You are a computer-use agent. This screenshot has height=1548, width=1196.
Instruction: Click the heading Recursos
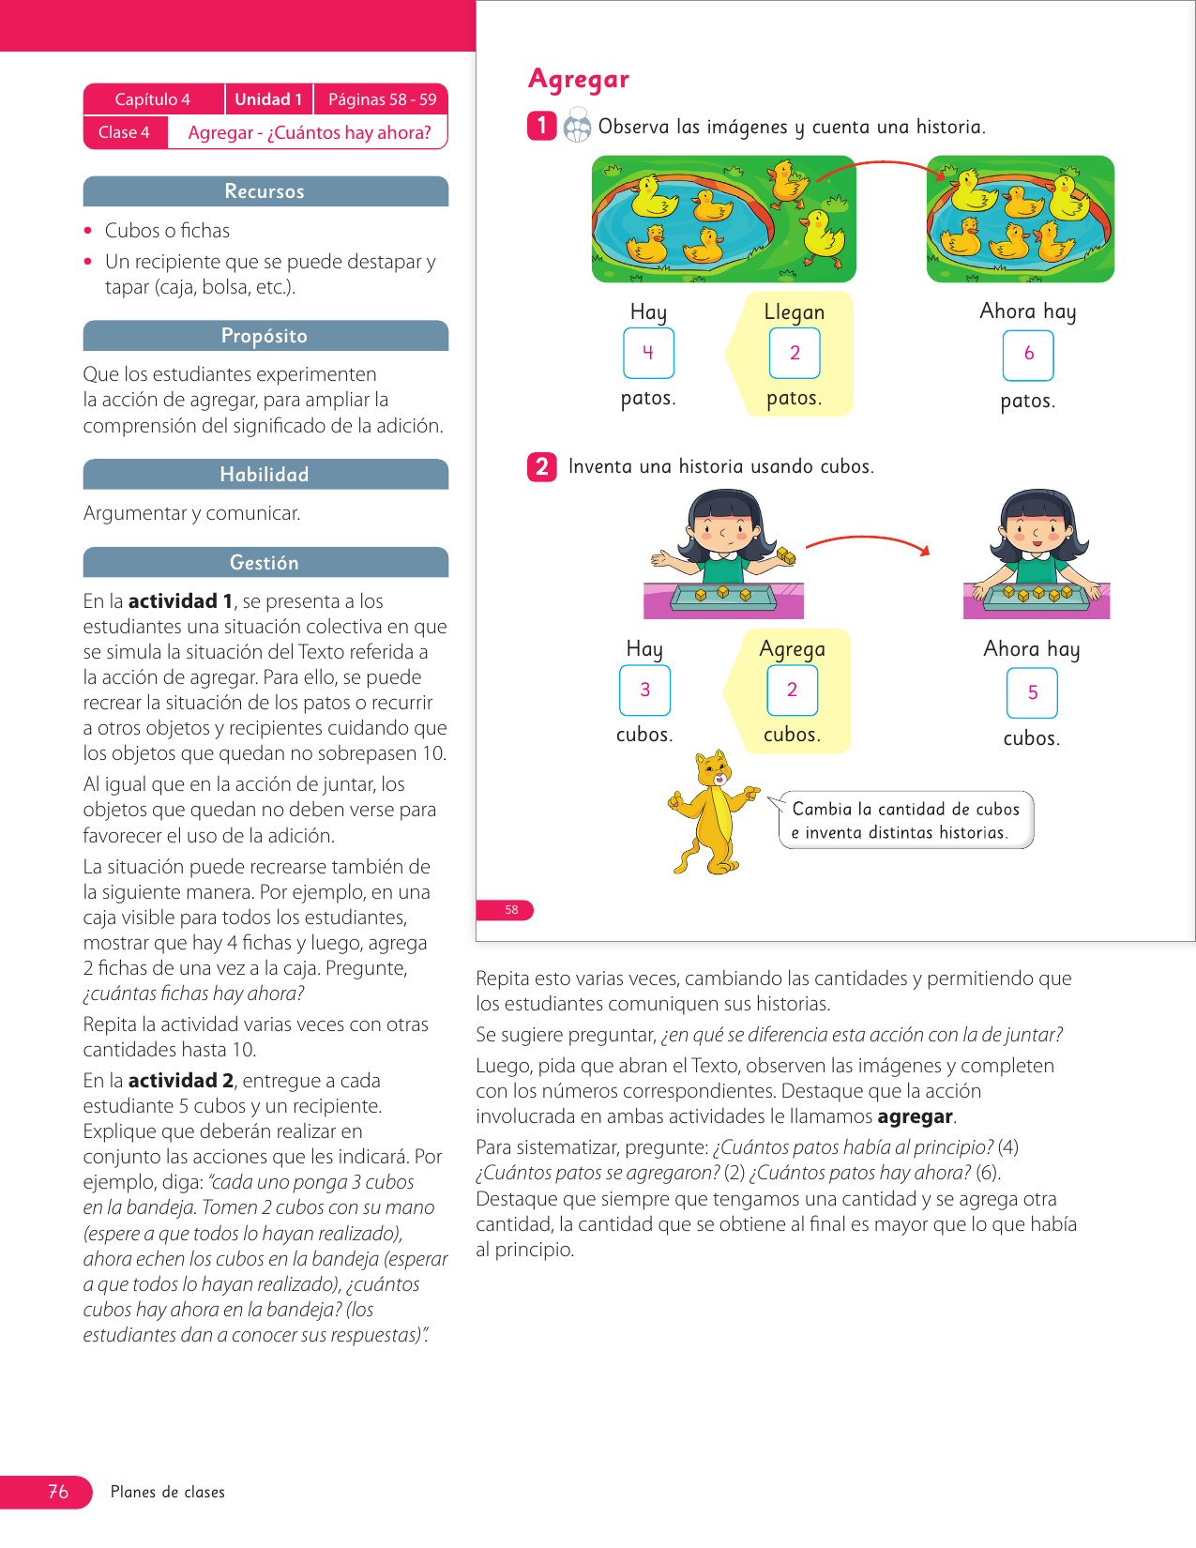point(265,191)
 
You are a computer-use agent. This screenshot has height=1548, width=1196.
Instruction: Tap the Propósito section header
point(265,336)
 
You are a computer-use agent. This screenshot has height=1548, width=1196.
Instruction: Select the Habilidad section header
point(265,475)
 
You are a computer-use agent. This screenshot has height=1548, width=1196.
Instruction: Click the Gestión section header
point(265,563)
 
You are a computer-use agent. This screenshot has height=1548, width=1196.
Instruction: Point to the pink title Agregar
point(579,80)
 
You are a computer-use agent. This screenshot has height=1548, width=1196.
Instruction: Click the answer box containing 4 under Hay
point(648,354)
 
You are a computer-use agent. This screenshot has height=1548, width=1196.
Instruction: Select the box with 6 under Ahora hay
point(1028,356)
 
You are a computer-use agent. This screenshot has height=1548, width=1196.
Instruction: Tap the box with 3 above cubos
point(644,691)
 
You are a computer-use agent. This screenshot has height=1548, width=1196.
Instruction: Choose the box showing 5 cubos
point(1032,693)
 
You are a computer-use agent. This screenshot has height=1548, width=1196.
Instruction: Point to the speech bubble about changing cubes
point(905,820)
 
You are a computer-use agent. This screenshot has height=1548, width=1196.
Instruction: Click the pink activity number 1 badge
point(542,126)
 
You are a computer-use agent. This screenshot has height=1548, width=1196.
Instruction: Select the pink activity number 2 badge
point(542,466)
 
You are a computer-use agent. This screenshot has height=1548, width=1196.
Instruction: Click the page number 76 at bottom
point(58,1492)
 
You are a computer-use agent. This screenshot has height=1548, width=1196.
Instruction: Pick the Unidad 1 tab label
point(268,99)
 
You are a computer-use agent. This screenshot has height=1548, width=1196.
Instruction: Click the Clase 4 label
point(124,132)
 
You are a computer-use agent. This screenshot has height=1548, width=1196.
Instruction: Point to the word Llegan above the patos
point(794,312)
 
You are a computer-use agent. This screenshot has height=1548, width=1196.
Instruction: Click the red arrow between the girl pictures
point(868,542)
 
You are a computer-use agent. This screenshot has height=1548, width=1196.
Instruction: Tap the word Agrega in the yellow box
point(792,649)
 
